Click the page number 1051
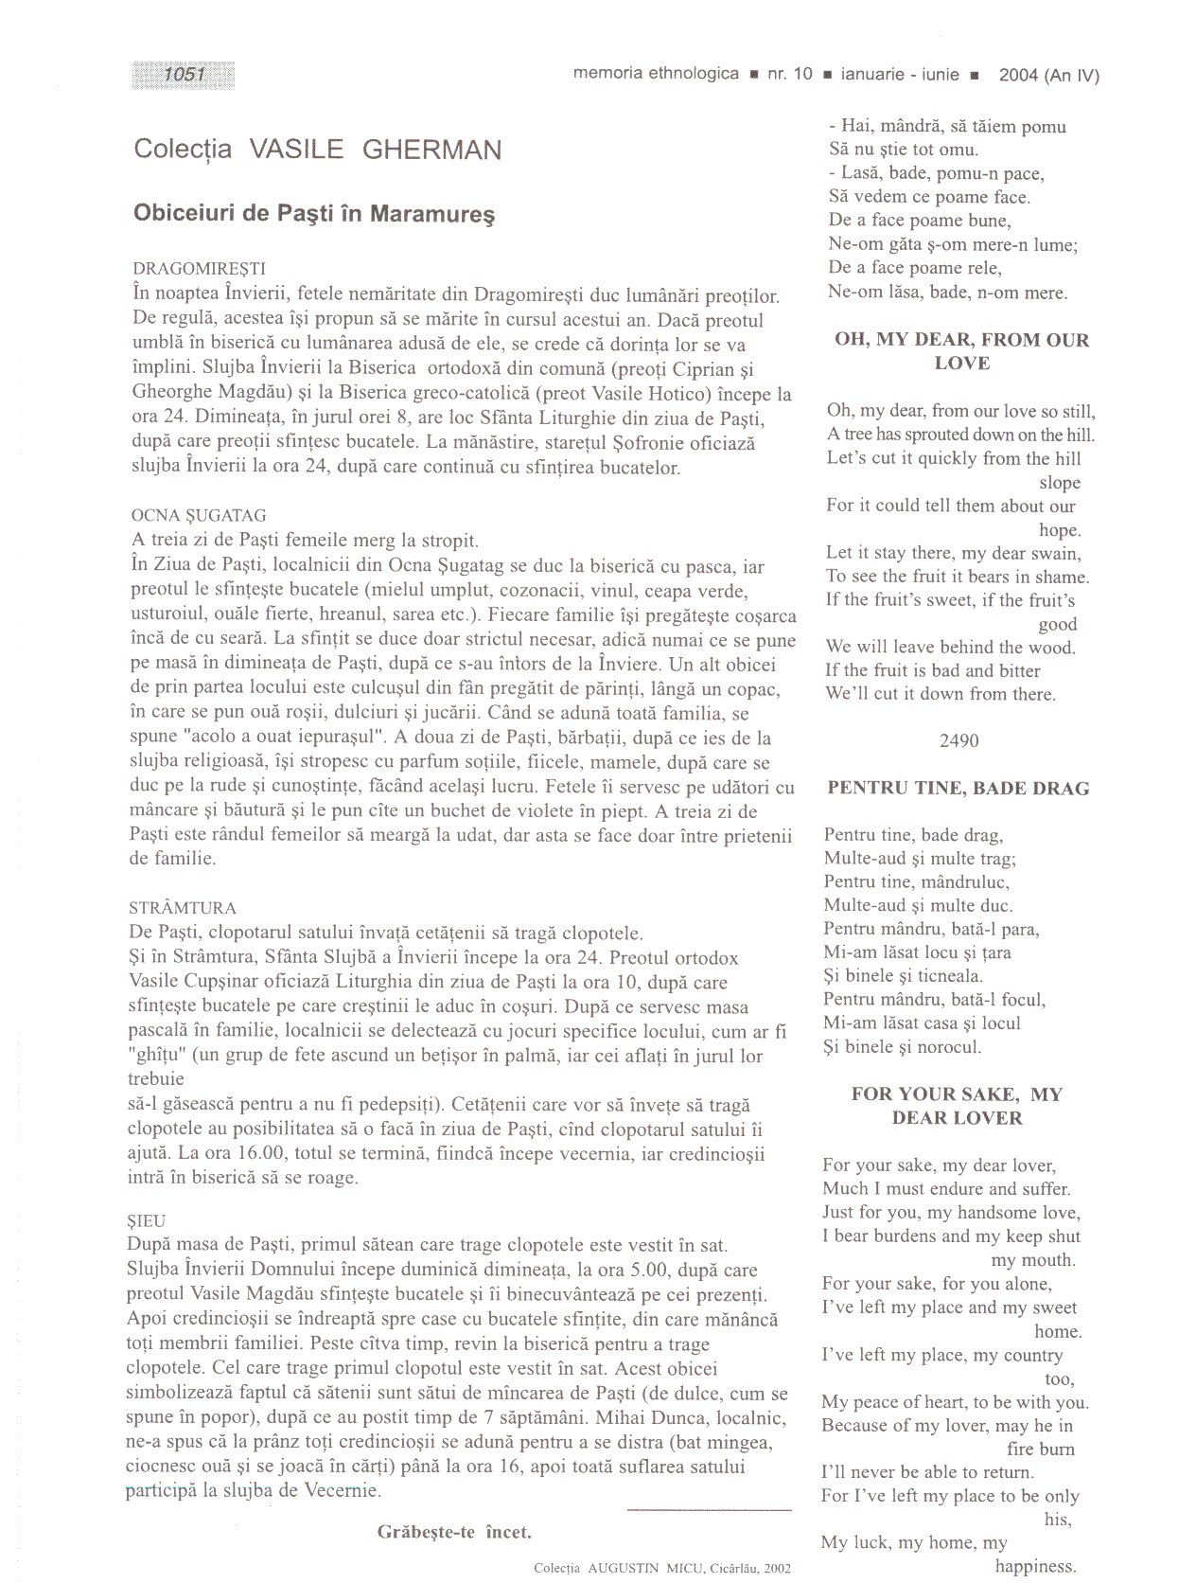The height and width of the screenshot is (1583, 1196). [184, 75]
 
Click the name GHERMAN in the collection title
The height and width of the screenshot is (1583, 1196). [431, 150]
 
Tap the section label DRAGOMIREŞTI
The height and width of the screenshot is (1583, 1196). [200, 269]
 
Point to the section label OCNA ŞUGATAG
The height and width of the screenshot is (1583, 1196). [199, 516]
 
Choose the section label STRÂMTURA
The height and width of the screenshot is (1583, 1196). [183, 908]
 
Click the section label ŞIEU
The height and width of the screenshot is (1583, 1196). [146, 1221]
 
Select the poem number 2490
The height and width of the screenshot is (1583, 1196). [959, 741]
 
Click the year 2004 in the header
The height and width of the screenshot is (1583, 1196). [1018, 76]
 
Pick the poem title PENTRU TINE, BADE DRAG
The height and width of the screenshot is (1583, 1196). [958, 789]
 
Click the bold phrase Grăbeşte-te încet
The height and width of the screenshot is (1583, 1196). [454, 1532]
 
